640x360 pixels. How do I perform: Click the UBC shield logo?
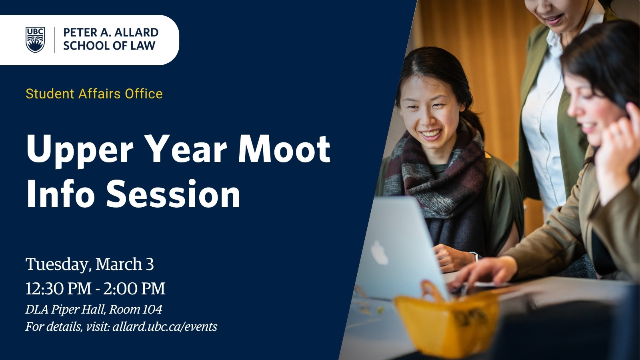point(35,40)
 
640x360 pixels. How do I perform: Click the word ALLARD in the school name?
point(136,32)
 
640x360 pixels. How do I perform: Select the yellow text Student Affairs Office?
point(94,94)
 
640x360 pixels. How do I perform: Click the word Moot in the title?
point(284,149)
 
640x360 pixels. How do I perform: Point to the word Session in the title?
point(174,194)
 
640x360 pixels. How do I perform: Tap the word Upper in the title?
point(80,152)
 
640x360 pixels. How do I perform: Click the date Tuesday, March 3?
point(90,264)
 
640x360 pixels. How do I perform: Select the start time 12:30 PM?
point(58,288)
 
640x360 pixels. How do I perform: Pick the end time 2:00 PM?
point(134,288)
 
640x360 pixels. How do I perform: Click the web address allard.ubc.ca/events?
point(165,326)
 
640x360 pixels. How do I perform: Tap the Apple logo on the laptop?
point(379,252)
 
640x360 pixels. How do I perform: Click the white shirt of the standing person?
point(543,120)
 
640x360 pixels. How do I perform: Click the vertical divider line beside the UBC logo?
point(54,40)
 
